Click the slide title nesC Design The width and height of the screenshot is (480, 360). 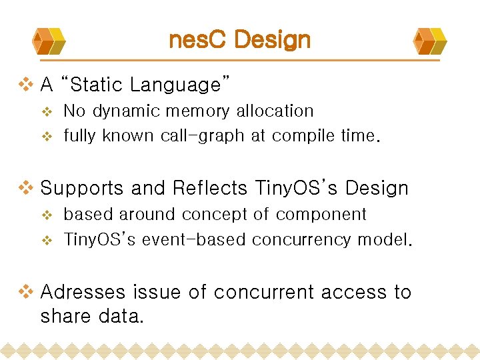click(240, 40)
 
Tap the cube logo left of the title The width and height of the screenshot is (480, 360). click(49, 41)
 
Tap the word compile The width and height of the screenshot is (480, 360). click(304, 136)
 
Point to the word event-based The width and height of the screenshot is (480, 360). click(194, 239)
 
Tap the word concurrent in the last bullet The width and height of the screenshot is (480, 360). click(261, 292)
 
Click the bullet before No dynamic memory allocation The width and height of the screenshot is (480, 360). click(47, 111)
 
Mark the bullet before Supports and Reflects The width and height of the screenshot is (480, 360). click(25, 189)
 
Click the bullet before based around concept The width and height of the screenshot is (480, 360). click(47, 215)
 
